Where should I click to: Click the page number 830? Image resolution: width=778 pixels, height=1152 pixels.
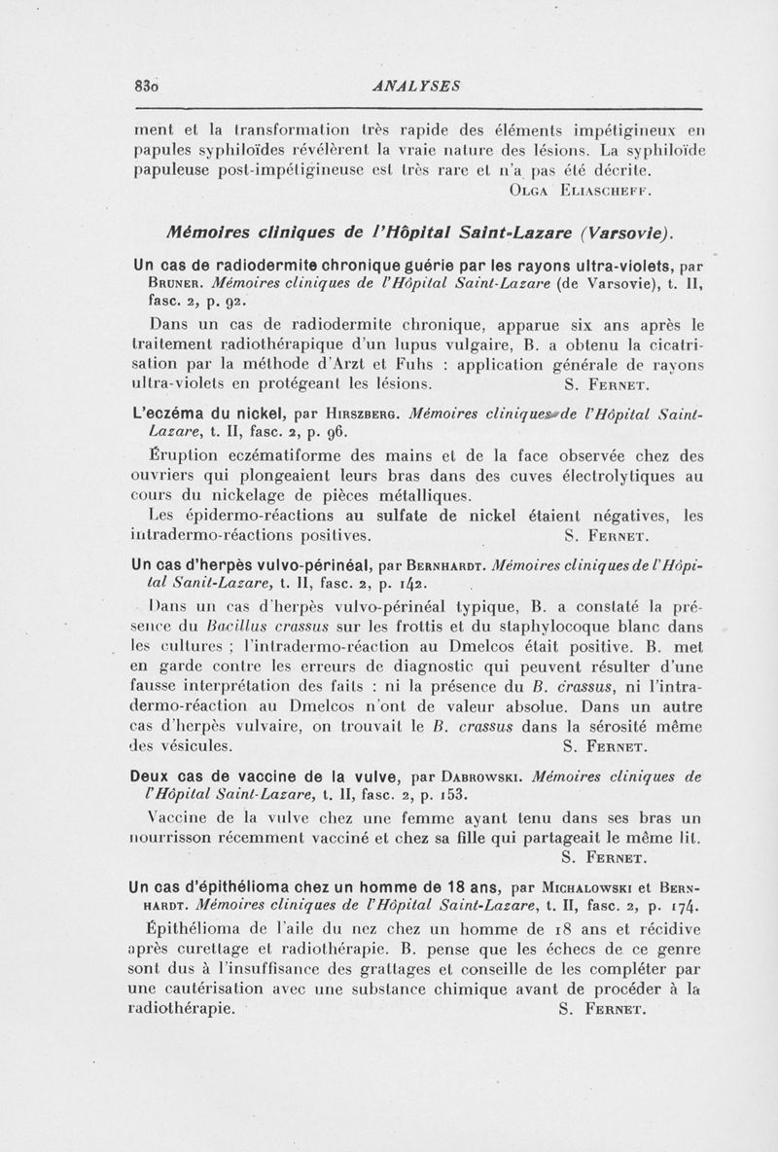pos(148,85)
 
